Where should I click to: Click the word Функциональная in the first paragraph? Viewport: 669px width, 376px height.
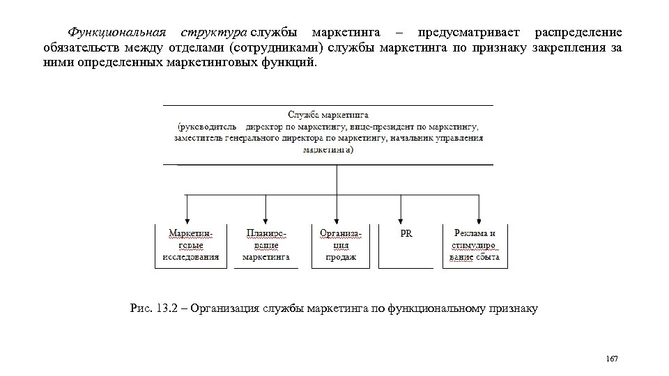[116, 33]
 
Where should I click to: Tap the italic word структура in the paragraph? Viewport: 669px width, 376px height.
[213, 33]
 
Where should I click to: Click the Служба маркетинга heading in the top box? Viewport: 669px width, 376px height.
[328, 113]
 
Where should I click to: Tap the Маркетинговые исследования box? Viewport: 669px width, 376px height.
[190, 245]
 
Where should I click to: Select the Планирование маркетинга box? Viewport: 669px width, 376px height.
[266, 245]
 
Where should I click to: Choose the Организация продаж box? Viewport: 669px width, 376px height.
[341, 245]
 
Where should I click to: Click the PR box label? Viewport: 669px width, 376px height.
[406, 234]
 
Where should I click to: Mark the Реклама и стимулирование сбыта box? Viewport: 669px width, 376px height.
[475, 245]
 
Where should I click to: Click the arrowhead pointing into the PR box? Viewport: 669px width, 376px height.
[401, 218]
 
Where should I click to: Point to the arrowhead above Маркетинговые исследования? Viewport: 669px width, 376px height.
[187, 218]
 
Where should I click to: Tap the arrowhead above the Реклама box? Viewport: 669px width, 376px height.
[479, 218]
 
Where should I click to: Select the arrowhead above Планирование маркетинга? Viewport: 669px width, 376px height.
[265, 218]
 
